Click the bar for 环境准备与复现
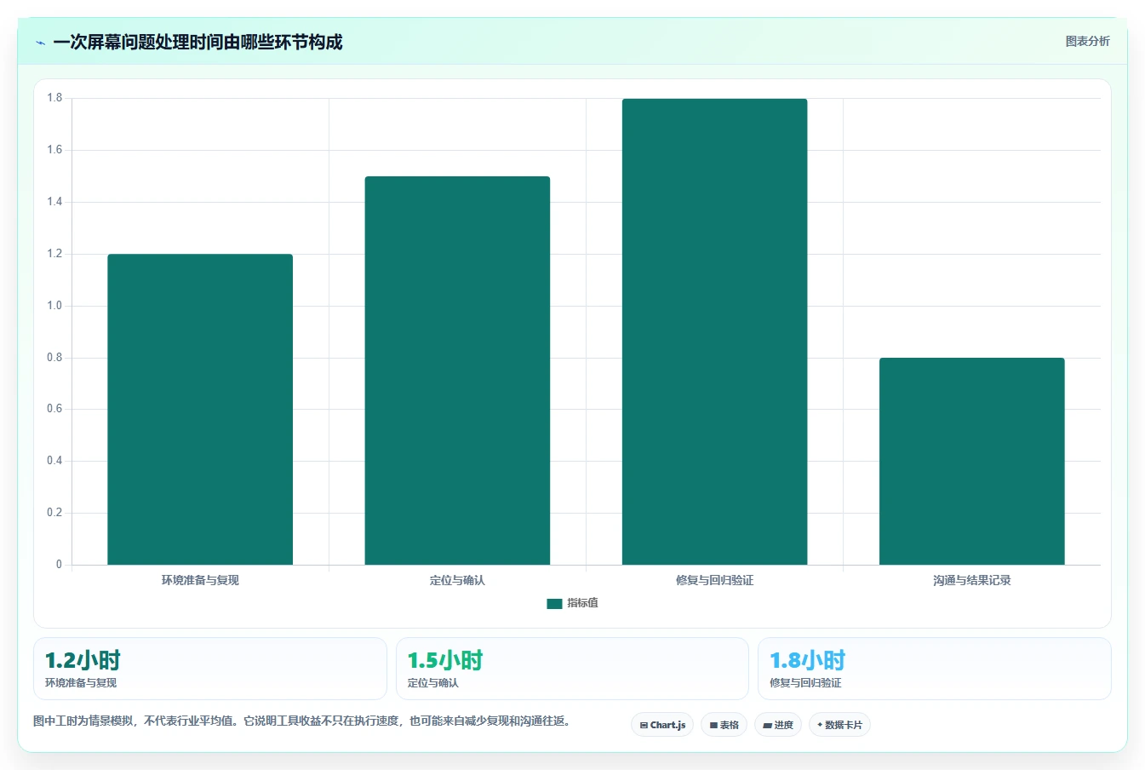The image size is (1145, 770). [200, 409]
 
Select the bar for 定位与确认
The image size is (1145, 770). [457, 371]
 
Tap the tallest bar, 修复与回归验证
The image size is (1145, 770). [714, 331]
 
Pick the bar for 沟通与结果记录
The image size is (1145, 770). [971, 461]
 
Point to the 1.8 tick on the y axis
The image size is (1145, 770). [54, 98]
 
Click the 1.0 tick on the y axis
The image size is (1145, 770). [54, 305]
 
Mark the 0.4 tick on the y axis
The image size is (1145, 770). [54, 461]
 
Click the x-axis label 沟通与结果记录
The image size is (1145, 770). [971, 580]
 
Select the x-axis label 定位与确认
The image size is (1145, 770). [457, 580]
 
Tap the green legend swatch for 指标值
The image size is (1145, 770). [554, 603]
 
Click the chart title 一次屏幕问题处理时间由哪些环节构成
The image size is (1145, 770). [198, 42]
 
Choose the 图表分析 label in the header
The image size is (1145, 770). [1087, 42]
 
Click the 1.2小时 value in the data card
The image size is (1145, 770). [83, 660]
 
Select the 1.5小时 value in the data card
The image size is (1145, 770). [444, 660]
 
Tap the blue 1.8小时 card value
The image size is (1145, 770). [807, 660]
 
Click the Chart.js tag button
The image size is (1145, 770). [662, 725]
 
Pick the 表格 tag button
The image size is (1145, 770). [724, 725]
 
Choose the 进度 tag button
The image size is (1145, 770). [777, 725]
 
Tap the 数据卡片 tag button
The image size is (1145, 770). [839, 725]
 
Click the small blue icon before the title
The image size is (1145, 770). [40, 43]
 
